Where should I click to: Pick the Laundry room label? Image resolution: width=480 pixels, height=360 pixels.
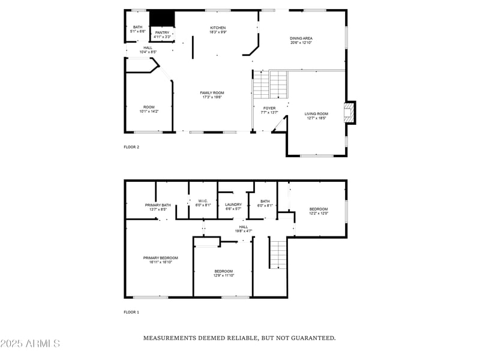pyautogui.click(x=233, y=206)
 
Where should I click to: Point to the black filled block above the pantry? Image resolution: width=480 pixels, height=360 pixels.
pyautogui.click(x=161, y=18)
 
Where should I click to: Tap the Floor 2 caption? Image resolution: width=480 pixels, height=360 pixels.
pyautogui.click(x=131, y=147)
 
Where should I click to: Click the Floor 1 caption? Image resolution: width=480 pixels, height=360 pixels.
pyautogui.click(x=131, y=312)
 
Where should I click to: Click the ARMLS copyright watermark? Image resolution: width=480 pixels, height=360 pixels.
pyautogui.click(x=30, y=344)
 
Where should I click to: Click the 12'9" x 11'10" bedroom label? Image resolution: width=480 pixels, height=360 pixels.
pyautogui.click(x=224, y=273)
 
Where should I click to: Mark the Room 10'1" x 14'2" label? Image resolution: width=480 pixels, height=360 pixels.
pyautogui.click(x=148, y=109)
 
